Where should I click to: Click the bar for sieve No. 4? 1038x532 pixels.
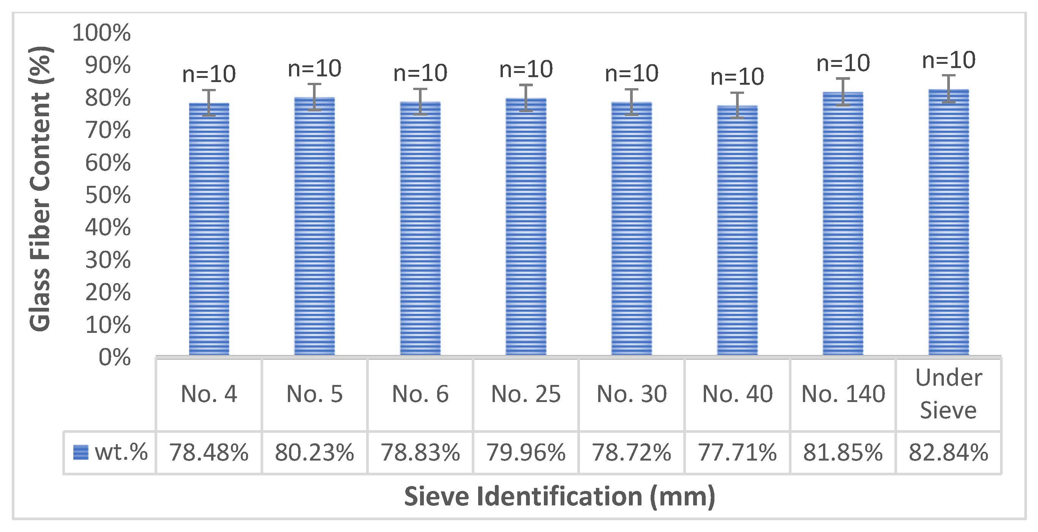209,230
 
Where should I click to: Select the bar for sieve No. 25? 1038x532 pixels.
526,228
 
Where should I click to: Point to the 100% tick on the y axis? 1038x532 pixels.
101,33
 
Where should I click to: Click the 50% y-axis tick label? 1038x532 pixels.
107,195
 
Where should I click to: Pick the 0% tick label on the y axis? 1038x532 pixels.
114,358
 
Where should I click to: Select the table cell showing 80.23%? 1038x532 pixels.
314,452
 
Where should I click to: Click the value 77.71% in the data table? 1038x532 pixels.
737,452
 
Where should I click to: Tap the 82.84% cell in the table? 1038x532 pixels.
948,452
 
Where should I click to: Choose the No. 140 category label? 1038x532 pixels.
843,394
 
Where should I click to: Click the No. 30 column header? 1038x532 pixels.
632,394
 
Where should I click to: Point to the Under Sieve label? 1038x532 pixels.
948,394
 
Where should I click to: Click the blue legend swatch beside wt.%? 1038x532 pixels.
81,452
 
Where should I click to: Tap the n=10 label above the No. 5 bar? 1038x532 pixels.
314,68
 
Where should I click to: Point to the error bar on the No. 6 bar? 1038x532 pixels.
420,101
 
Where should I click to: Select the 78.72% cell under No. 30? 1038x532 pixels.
632,452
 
